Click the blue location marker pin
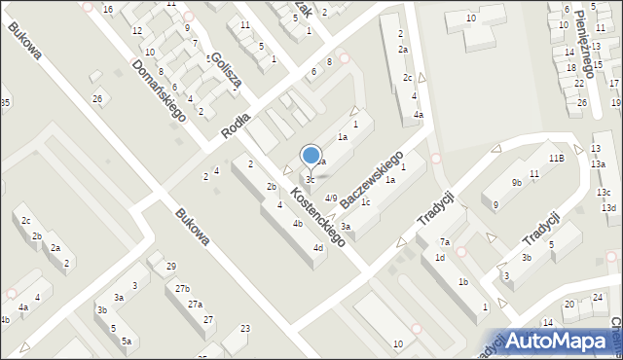coord(311,157)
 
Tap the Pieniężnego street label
coord(583,38)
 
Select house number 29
coord(170,267)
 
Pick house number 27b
coord(182,289)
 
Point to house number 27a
coord(195,305)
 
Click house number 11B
coord(556,158)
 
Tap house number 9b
coord(517,182)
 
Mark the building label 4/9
coord(331,198)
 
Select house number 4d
coord(318,248)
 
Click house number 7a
coord(444,241)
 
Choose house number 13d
coord(608,208)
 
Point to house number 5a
coord(127,341)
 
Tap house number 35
coord(5,103)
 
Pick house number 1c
coord(365,202)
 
